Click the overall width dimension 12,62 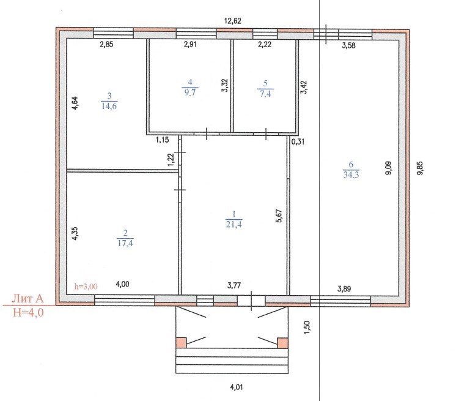coord(233,21)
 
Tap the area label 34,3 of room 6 coord(351,174)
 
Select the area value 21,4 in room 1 coord(234,224)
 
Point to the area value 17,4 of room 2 coord(125,243)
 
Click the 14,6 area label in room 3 coord(109,106)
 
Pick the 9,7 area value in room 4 coord(190,92)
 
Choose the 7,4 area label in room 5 coord(265,94)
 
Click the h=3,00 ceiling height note coord(86,287)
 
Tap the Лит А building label coord(28,299)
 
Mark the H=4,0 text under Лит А coord(28,312)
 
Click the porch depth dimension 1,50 coord(307,328)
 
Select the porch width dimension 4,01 coord(237,388)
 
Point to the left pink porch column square coord(181,343)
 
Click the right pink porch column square coord(282,343)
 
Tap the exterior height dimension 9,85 coord(420,168)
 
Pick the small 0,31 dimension coord(298,142)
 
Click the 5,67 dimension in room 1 coord(279,216)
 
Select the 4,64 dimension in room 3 coord(75,103)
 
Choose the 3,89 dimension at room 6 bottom coord(344,289)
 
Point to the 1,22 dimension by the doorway coord(171,160)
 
